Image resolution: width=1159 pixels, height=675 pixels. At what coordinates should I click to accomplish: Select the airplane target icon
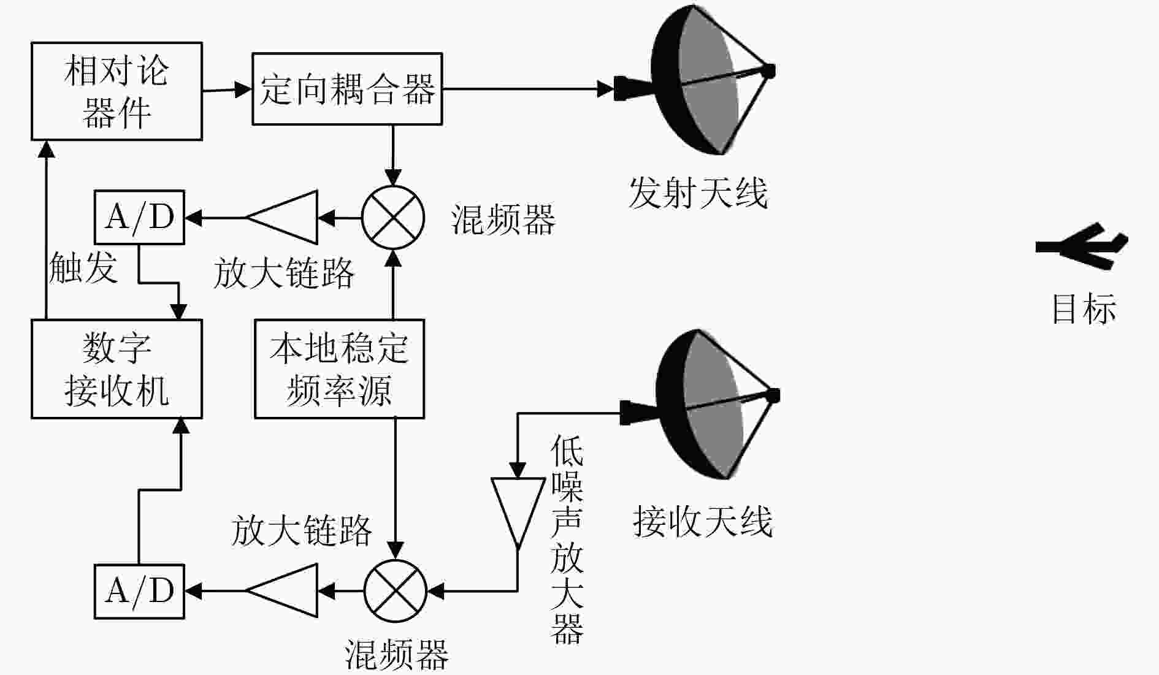[x=1082, y=246]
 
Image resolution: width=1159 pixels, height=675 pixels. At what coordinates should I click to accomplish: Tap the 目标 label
[x=1084, y=308]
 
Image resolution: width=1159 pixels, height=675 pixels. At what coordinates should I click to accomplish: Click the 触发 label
[x=83, y=268]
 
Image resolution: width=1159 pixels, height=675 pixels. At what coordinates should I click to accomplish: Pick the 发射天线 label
[x=698, y=193]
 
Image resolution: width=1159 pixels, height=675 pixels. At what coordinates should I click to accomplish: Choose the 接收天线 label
[x=703, y=522]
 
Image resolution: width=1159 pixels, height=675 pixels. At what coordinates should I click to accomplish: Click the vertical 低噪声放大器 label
[x=567, y=540]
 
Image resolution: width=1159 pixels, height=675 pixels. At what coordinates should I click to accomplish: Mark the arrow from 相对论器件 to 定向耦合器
[x=228, y=90]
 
